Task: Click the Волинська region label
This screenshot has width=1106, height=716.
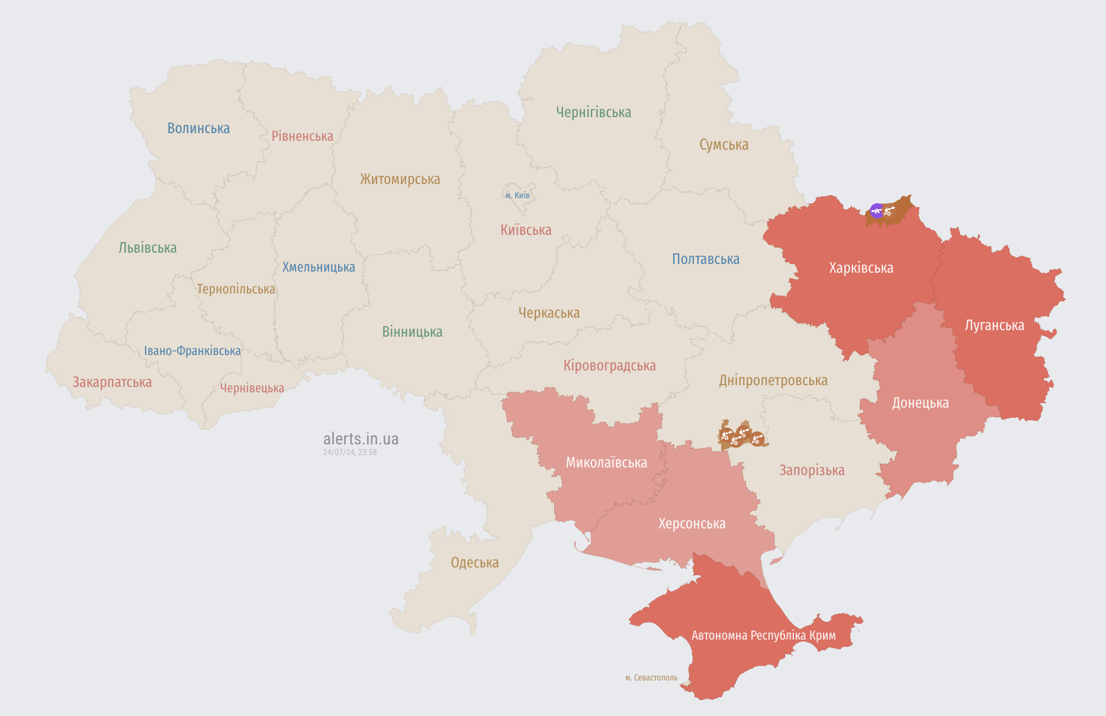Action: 198,128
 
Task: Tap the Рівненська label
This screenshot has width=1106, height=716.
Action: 302,136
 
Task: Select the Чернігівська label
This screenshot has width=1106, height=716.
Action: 593,112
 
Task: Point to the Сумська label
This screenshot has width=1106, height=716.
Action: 724,145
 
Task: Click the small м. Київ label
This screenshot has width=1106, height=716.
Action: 517,195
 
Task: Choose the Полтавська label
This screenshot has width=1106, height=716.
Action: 705,259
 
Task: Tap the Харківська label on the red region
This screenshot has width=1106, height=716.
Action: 861,268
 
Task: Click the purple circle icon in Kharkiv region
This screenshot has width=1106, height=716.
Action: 876,211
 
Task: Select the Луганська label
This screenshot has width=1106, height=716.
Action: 994,325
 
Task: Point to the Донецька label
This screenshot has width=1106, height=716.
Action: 920,403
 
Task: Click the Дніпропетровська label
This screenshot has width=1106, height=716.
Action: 773,380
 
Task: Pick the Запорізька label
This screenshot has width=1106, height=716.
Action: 812,470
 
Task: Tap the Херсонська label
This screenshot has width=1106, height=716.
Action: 692,524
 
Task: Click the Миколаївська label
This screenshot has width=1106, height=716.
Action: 606,463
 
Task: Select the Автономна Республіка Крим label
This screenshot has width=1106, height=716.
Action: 763,636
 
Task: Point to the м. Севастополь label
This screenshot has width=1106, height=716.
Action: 651,678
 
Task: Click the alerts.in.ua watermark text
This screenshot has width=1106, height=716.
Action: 361,439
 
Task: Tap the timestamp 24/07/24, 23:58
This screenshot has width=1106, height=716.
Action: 349,452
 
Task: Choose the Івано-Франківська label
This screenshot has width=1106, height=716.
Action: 192,351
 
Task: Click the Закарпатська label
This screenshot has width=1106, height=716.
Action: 112,382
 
